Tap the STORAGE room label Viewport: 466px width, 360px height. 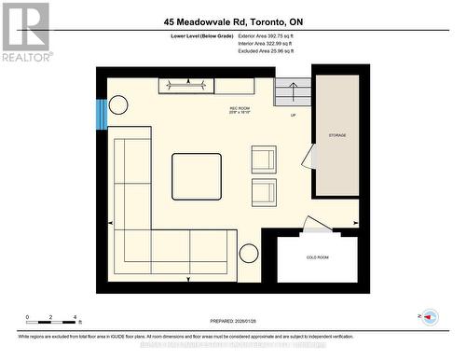tap(336, 136)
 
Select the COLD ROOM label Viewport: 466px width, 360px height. tap(317, 256)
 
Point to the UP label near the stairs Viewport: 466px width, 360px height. tap(294, 117)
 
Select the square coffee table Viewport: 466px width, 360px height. tap(197, 177)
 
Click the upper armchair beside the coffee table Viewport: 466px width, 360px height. tap(264, 160)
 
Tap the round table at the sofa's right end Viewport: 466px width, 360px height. tap(250, 253)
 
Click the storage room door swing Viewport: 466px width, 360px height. tap(308, 157)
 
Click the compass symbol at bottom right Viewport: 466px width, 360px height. tap(429, 317)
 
